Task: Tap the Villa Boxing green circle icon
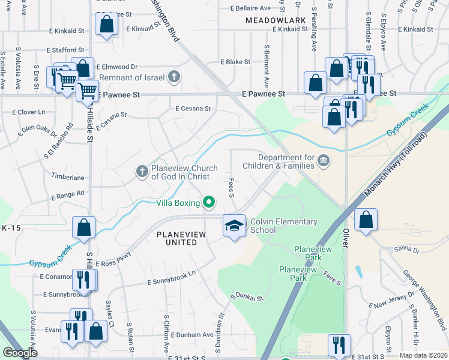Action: [x=209, y=202]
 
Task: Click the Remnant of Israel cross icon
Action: [x=174, y=76]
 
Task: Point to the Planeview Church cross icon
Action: [x=142, y=172]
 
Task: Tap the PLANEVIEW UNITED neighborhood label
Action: [x=177, y=238]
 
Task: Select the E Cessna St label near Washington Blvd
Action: [x=193, y=109]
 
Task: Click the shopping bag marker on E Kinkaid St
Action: [x=106, y=25]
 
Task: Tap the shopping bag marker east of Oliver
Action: [x=366, y=220]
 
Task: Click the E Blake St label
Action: [x=235, y=62]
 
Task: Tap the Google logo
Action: [x=20, y=353]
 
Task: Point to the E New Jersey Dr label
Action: [x=393, y=300]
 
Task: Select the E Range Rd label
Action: [x=68, y=195]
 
